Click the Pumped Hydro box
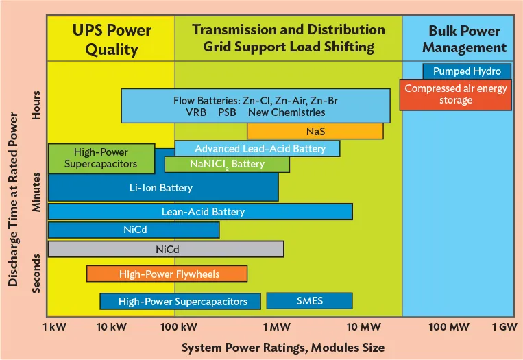466,71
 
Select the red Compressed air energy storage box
457,95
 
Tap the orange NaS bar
315,131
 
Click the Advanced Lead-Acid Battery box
257,148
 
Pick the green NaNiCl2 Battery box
227,165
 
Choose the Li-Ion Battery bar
162,187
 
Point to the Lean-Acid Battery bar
199,212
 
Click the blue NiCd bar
133,230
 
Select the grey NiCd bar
165,249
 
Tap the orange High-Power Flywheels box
167,274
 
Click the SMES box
309,301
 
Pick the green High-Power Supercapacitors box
101,158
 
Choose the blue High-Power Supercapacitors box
180,301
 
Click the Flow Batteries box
255,106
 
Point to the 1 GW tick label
504,327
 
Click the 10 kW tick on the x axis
112,327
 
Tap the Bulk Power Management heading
464,39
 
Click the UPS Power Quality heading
112,40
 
